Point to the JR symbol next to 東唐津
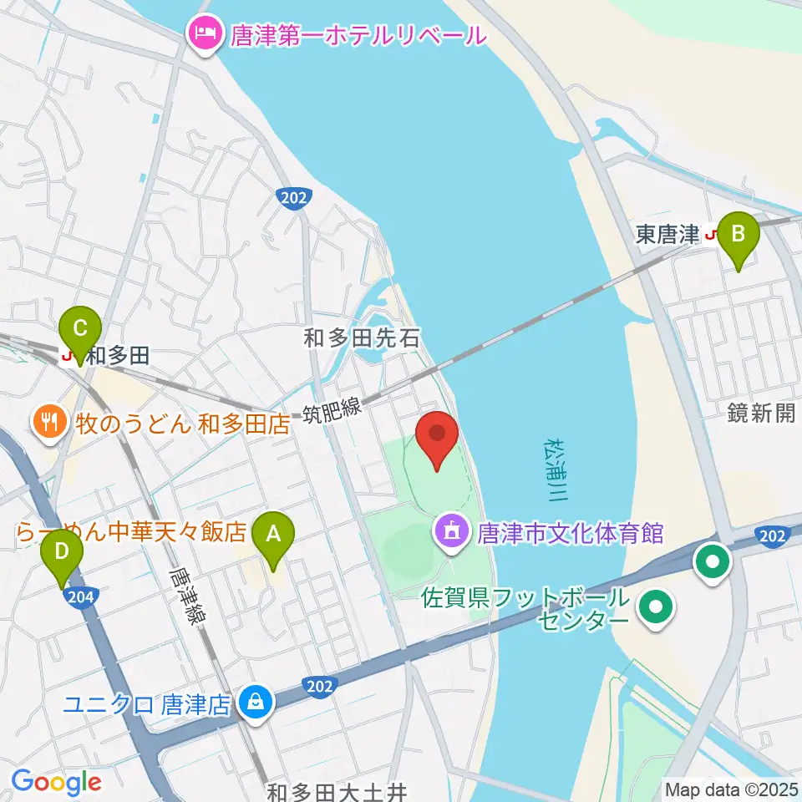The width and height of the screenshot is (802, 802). pyautogui.click(x=712, y=235)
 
